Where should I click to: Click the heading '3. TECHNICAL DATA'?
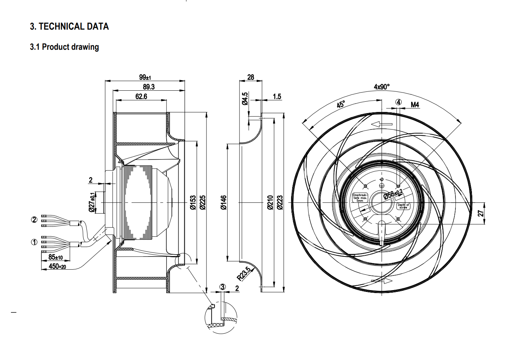pos(69,26)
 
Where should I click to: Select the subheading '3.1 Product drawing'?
pos(64,47)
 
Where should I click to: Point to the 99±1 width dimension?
pos(145,77)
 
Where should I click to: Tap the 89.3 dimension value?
pos(148,87)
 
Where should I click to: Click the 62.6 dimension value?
pos(141,96)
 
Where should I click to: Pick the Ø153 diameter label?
pos(193,202)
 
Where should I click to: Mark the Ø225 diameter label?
pos(202,202)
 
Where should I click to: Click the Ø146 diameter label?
pos(224,202)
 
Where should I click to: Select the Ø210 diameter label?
pos(270,202)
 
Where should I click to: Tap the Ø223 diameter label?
pos(280,202)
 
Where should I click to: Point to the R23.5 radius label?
pos(244,274)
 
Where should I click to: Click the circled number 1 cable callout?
pos(34,242)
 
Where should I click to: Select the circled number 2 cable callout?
pos(34,220)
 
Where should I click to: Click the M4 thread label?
pos(415,105)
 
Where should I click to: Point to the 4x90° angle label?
pos(382,87)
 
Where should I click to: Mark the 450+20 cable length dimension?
pos(57,266)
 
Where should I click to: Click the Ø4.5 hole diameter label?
pos(245,98)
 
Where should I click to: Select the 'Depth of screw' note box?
pos(403,206)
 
